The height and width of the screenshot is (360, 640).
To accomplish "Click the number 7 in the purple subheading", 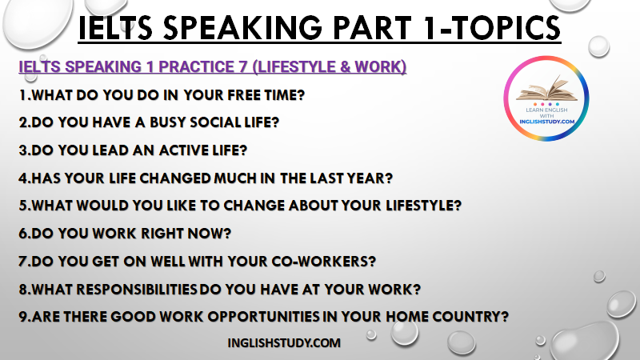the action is click(x=243, y=67).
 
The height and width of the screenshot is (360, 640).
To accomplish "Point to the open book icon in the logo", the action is click(x=547, y=88).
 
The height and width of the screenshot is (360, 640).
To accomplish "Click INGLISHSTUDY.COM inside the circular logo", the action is click(x=546, y=122).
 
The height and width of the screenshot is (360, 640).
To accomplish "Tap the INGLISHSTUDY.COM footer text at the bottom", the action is click(x=284, y=343).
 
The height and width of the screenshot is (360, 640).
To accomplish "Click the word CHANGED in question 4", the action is click(x=175, y=178).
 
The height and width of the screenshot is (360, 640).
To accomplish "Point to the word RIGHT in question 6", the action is click(x=162, y=234).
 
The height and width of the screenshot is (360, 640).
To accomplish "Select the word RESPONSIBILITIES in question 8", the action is click(x=137, y=290).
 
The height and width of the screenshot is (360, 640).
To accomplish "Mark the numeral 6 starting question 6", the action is click(x=23, y=234).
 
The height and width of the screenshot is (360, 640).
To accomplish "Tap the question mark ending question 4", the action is click(x=389, y=178).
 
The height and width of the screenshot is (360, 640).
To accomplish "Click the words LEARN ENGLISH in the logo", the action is click(x=546, y=110).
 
